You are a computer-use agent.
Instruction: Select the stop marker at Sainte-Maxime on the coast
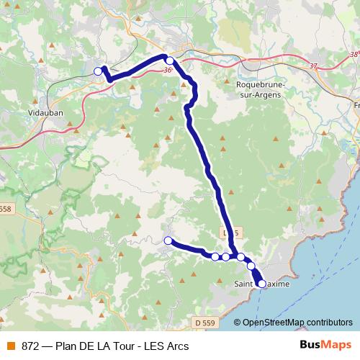(x=261, y=284)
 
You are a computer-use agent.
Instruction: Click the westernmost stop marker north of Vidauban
(x=98, y=71)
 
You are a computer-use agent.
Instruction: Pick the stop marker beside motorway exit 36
(x=169, y=60)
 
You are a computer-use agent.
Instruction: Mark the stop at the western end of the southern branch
(x=168, y=240)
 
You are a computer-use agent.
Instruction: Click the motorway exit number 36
(x=168, y=71)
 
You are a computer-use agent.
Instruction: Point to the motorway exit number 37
(x=313, y=67)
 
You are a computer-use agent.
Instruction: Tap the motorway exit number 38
(x=353, y=54)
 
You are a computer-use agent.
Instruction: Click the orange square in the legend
(x=12, y=346)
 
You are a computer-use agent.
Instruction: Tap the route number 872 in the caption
(x=30, y=346)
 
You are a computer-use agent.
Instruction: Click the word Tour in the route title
(x=116, y=346)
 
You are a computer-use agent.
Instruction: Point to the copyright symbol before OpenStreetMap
(x=237, y=323)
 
